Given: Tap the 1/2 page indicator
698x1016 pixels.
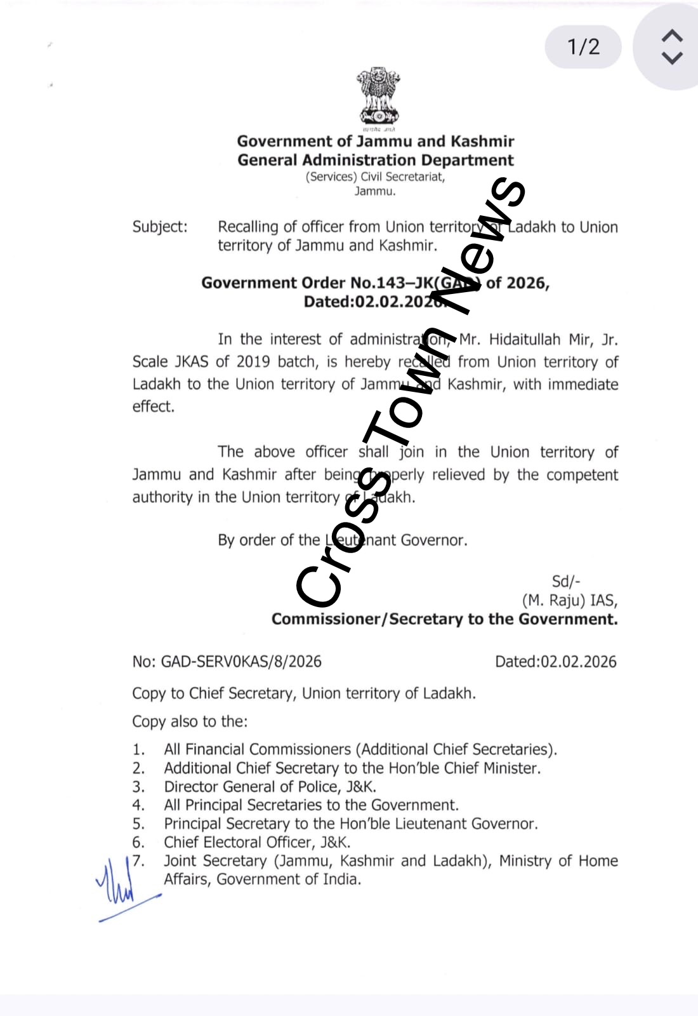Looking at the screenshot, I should point(583,47).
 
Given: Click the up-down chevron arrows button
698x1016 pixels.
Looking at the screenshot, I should point(672,47).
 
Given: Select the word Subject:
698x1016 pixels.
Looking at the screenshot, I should point(160,227).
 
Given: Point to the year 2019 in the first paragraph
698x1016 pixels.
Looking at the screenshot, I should point(253,362).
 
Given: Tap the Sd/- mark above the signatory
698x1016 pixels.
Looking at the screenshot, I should point(565,582).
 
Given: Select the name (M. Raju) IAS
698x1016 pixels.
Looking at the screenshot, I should point(569,601).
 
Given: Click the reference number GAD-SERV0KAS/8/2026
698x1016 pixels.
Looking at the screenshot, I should point(240,662).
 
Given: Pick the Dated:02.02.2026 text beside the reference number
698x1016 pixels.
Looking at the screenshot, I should point(555,662).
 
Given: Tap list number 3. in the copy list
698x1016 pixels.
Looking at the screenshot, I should point(138,787).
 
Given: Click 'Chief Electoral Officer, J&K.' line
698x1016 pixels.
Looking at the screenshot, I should point(257,843).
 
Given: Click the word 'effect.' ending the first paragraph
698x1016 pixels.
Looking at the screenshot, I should point(153,406).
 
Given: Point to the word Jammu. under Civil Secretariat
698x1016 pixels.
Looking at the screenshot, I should point(375,191).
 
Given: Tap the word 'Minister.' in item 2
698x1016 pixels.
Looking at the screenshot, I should point(512,768).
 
